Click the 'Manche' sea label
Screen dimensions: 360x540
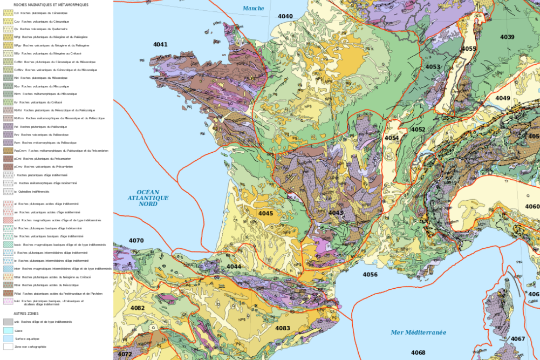253,8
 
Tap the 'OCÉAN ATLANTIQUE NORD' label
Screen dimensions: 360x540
148,198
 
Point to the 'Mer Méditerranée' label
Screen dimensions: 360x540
419,332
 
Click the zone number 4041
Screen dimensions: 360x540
160,45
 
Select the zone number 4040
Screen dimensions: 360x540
285,16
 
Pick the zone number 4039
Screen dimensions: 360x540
507,37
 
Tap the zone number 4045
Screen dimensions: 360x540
265,214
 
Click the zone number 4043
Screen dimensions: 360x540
336,213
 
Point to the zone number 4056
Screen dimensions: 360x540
370,275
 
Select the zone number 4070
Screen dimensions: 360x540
136,241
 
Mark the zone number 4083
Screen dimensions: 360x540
283,328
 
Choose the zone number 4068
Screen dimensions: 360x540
418,353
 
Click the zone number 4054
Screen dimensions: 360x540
392,138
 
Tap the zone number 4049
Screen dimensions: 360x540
503,98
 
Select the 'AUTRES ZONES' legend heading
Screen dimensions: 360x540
22,313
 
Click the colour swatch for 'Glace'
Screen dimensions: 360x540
8,330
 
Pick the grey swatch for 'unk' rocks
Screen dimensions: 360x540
8,322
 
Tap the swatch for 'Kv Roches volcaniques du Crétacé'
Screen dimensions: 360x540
8,102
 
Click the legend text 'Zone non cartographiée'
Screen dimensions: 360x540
31,347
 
